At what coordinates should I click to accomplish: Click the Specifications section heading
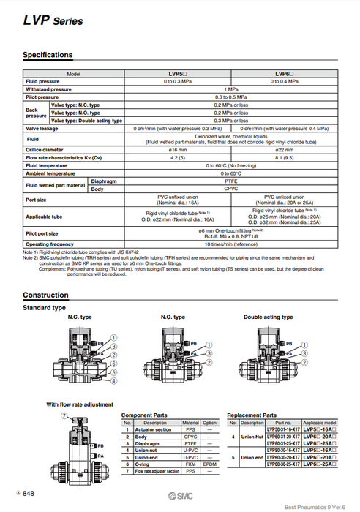click(48, 55)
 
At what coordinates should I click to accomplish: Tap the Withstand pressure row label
click(49, 89)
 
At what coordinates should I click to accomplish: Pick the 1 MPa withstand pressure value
click(232, 89)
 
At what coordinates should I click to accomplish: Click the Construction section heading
click(45, 295)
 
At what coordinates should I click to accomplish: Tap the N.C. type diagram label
click(79, 317)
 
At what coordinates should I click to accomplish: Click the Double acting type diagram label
click(269, 317)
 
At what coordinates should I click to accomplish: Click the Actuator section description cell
click(155, 429)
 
